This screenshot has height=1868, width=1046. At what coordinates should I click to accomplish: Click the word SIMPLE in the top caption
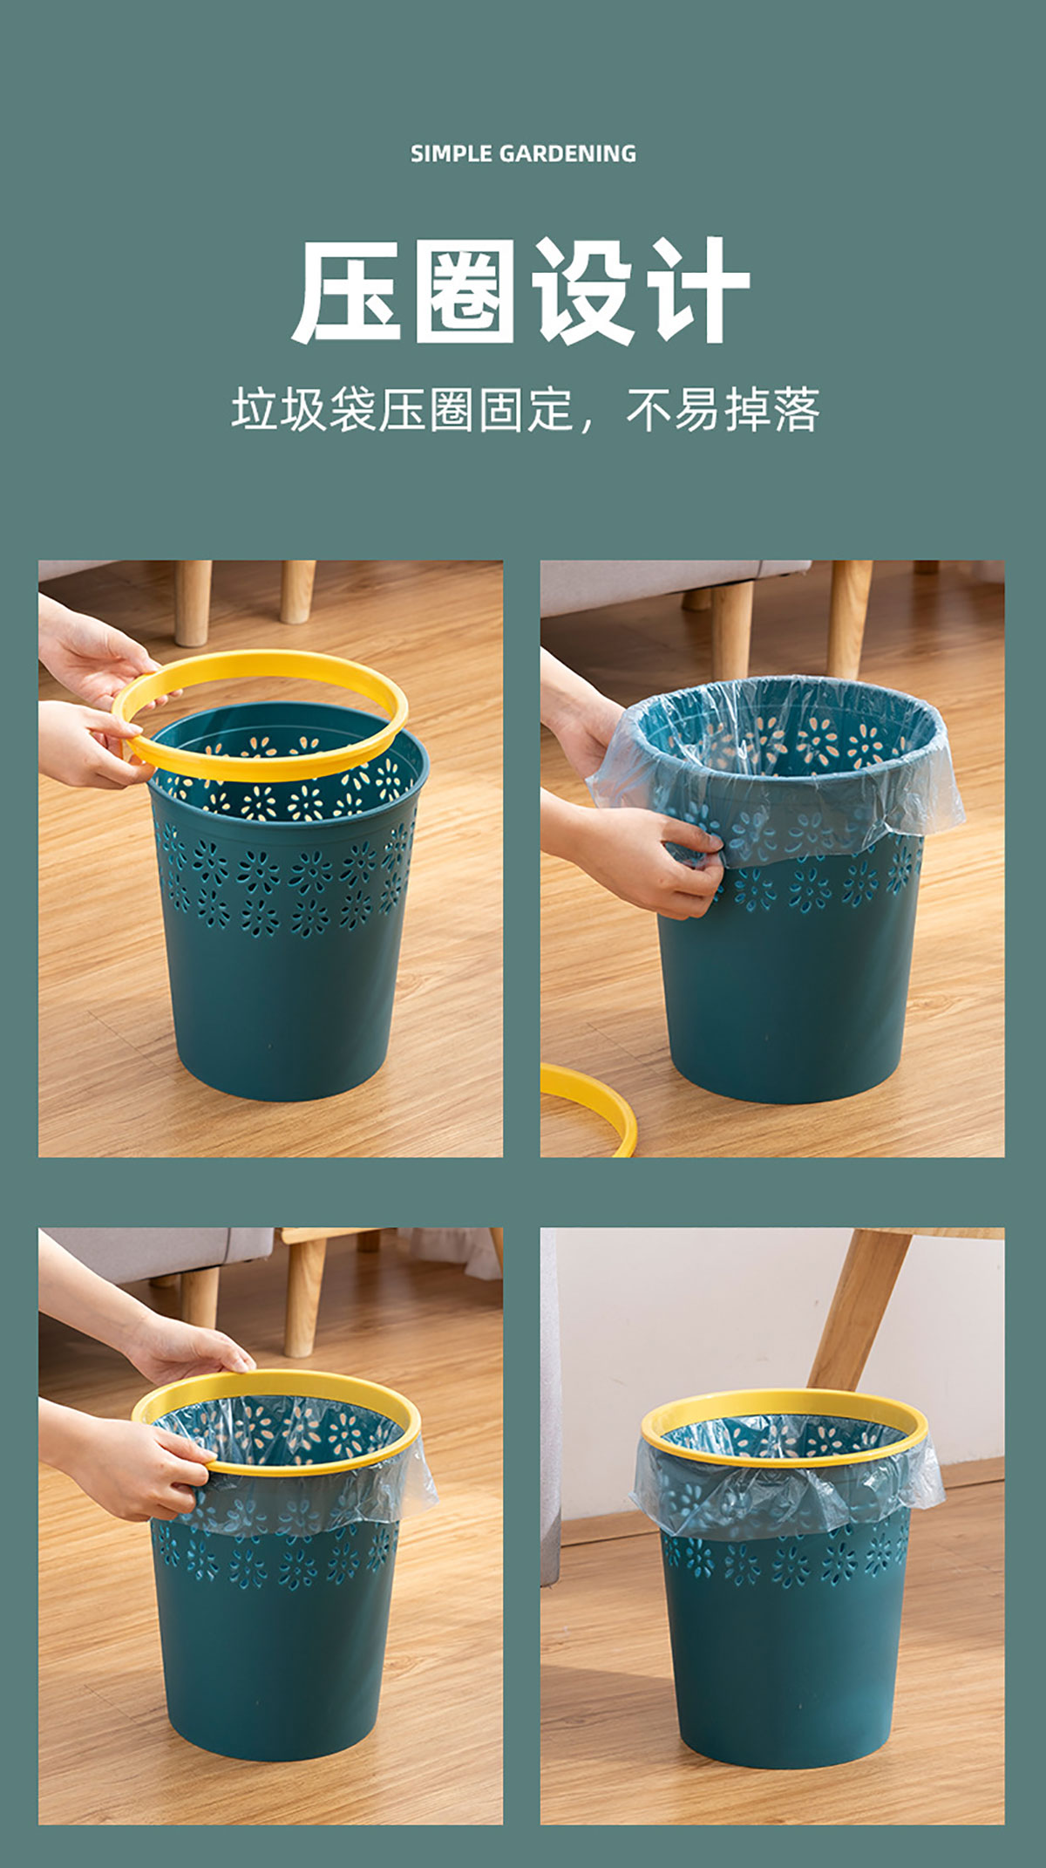tap(451, 154)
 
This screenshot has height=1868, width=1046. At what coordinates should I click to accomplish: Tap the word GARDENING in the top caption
tap(567, 154)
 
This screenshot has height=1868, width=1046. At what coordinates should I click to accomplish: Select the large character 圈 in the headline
tap(465, 292)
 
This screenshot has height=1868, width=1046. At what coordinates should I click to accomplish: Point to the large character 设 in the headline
tap(581, 292)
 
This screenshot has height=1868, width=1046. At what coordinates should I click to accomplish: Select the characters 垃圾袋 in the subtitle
tap(303, 410)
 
